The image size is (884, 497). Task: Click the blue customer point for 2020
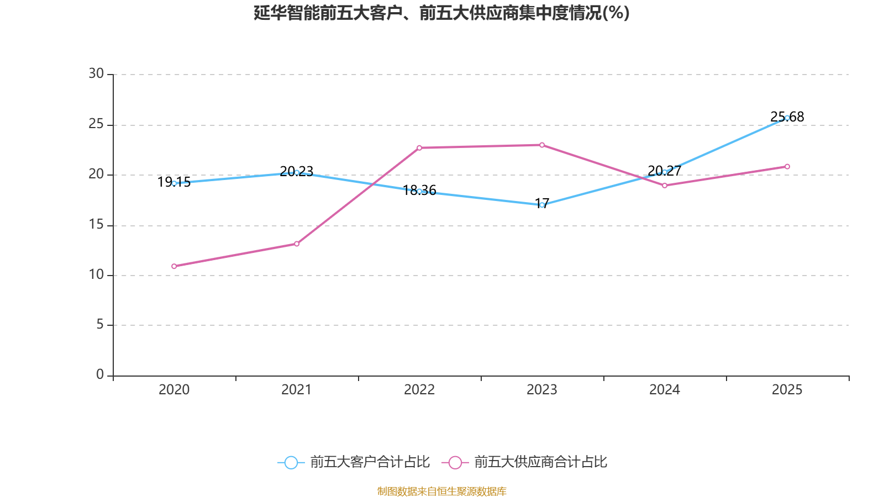pos(174,183)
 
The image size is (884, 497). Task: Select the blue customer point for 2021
pos(297,172)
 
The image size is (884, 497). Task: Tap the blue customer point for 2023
pos(542,205)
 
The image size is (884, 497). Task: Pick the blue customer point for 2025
pos(787,118)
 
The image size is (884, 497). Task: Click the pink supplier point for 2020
pos(174,266)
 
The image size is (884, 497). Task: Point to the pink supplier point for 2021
pos(297,244)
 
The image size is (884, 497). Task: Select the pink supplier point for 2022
pos(419,148)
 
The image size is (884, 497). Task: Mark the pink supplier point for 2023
pos(542,145)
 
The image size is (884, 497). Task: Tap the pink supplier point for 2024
pos(665,186)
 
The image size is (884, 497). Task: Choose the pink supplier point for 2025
pos(787,166)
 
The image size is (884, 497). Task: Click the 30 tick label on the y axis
pos(96,74)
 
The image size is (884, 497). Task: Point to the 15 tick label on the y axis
pos(96,225)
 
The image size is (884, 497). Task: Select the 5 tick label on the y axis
pos(100,325)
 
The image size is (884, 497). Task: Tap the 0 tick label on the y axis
pos(100,375)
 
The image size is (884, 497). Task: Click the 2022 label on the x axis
pos(419,390)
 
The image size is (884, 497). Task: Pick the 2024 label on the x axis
pos(665,390)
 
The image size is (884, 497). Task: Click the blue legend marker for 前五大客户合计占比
pos(291,462)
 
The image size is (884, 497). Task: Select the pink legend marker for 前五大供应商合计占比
pos(455,462)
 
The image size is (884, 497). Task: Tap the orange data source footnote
pos(441,491)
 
